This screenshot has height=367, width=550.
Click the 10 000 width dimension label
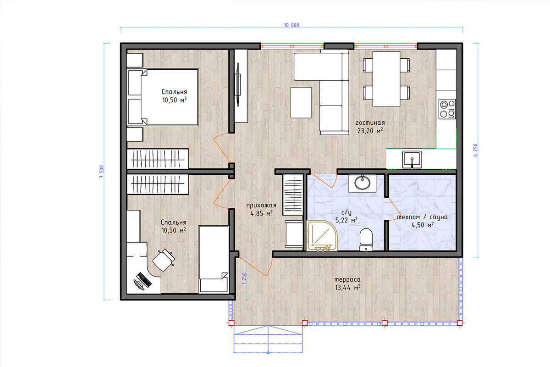[291, 25]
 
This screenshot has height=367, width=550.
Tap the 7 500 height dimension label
[102, 172]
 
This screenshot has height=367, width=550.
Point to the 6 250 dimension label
[476, 150]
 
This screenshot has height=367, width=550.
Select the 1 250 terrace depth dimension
[244, 278]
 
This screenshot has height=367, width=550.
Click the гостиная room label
[370, 122]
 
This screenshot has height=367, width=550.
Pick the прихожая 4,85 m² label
[261, 210]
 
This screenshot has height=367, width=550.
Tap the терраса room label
[347, 279]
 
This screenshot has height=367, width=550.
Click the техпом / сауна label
[422, 217]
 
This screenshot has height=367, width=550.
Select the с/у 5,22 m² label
[346, 217]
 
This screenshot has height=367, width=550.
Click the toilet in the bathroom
[366, 239]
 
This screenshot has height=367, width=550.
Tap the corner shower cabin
[322, 236]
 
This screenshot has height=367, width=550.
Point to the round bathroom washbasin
[362, 183]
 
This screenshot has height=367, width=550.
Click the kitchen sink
[412, 160]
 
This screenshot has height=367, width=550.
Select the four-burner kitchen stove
[447, 109]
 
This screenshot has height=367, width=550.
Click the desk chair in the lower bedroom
[164, 260]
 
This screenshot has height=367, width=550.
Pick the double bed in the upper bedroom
[163, 97]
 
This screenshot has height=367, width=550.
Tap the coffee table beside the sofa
[301, 102]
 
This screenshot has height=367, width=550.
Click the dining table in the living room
[386, 78]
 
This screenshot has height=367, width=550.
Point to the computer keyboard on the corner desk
[144, 280]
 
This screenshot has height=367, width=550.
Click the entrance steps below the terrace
[268, 339]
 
